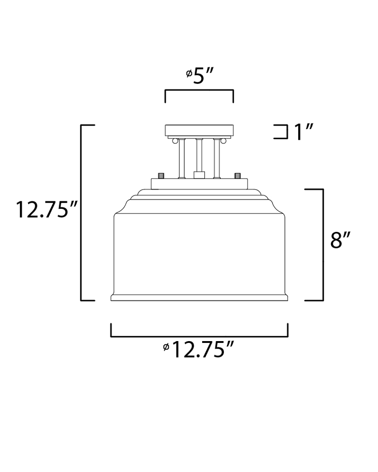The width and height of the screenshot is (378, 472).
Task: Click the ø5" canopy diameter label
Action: point(199,75)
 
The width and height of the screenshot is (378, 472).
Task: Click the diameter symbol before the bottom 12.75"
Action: point(166,347)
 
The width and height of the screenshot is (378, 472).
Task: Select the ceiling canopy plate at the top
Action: point(199,130)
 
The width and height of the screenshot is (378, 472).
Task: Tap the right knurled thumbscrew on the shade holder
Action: point(237,176)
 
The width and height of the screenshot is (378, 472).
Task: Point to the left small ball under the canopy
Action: point(175,140)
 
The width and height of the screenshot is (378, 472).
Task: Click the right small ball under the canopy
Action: point(223,140)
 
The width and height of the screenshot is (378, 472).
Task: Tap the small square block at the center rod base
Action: point(199,175)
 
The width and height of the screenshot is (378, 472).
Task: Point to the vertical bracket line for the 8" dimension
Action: point(322,244)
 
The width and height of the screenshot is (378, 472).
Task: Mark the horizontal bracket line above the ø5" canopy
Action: point(199,90)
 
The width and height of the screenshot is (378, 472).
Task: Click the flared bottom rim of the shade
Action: point(199,298)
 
